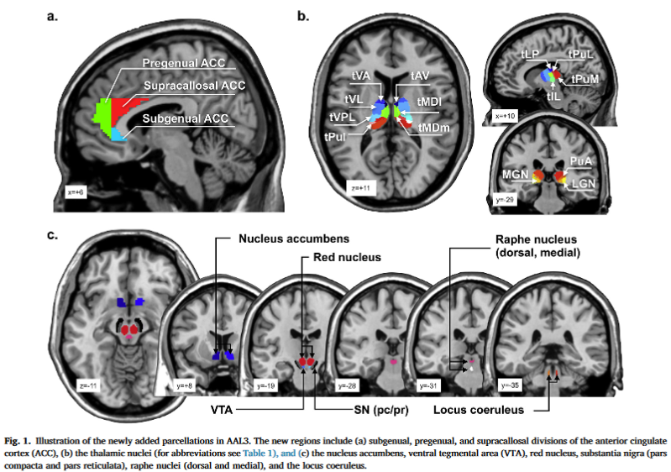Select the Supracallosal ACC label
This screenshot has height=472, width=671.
[x=195, y=87]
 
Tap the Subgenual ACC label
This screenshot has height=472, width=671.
[x=186, y=119]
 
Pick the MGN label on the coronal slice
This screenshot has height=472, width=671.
[x=514, y=175]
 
